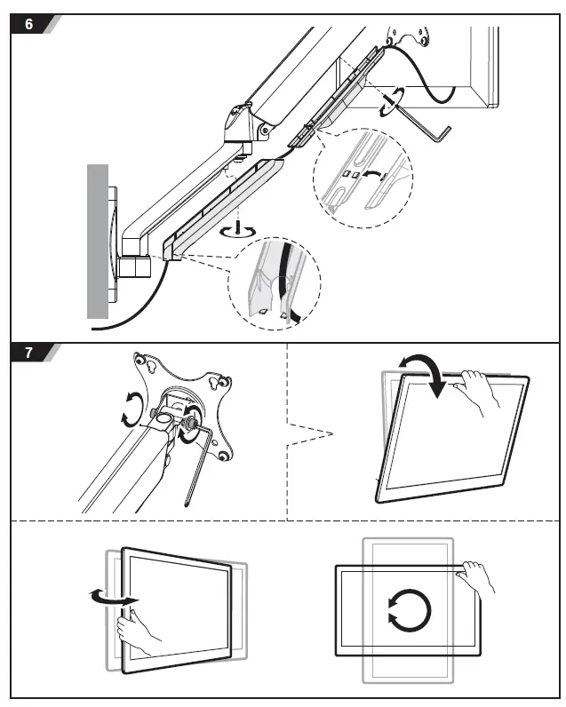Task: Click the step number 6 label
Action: point(28,24)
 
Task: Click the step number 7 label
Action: point(28,353)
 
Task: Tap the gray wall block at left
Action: point(97,240)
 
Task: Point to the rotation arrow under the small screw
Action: point(237,230)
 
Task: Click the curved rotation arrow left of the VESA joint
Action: point(132,411)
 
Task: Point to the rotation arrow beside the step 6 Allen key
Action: point(387,103)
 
